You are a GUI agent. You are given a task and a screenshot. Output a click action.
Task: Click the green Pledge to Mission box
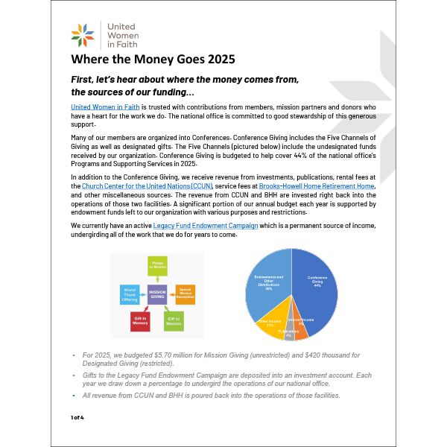coord(157,265)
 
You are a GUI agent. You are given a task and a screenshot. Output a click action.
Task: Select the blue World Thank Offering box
coord(129,294)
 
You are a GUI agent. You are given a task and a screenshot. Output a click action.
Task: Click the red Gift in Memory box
coord(141,321)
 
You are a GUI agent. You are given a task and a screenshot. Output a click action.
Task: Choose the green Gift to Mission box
coord(173,321)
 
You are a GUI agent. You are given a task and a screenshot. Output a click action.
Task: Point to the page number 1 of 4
coord(77,417)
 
